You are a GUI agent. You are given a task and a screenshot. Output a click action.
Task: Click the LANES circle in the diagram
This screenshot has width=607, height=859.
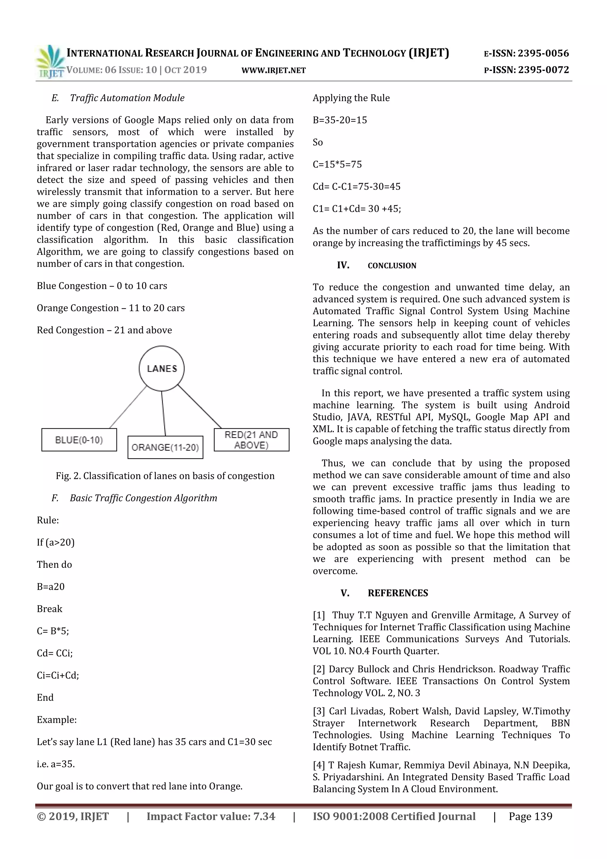pyautogui.click(x=162, y=368)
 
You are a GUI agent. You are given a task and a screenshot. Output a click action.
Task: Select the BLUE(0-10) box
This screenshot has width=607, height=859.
pyautogui.click(x=79, y=440)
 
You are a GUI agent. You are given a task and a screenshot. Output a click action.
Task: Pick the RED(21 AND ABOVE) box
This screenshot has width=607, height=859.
pyautogui.click(x=251, y=440)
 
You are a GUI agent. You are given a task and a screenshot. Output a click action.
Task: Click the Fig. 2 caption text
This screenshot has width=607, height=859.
pyautogui.click(x=165, y=476)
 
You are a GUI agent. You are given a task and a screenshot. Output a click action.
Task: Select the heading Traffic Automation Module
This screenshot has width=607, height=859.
pyautogui.click(x=127, y=98)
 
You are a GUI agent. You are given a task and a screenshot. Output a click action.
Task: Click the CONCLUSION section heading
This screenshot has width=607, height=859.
pyautogui.click(x=392, y=266)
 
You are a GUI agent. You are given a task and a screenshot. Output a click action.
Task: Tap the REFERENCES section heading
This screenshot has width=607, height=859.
pyautogui.click(x=398, y=593)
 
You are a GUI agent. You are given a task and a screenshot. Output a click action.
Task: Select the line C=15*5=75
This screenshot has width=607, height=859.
pyautogui.click(x=337, y=164)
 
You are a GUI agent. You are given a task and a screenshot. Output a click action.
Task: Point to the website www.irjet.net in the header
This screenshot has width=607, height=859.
pyautogui.click(x=274, y=70)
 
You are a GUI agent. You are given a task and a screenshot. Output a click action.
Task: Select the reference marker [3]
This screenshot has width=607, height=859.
pyautogui.click(x=319, y=711)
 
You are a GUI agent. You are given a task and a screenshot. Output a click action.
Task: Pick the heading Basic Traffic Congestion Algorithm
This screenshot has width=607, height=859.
pyautogui.click(x=143, y=498)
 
